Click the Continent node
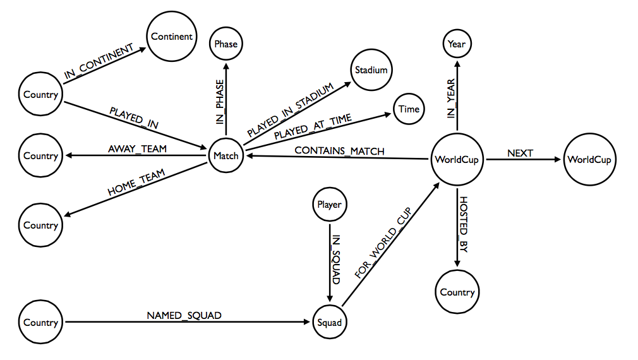[172, 37]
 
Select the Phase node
[226, 44]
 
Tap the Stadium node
[371, 69]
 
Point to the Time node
[409, 109]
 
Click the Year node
[456, 44]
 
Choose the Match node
[226, 156]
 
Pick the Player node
[328, 205]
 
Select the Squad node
[329, 323]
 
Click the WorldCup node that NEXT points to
[589, 159]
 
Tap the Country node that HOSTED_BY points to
[457, 292]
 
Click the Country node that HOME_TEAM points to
[40, 225]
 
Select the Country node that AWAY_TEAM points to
[40, 156]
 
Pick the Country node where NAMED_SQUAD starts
[40, 323]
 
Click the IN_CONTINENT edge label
[99, 62]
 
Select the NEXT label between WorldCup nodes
[520, 153]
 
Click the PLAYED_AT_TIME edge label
[312, 126]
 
